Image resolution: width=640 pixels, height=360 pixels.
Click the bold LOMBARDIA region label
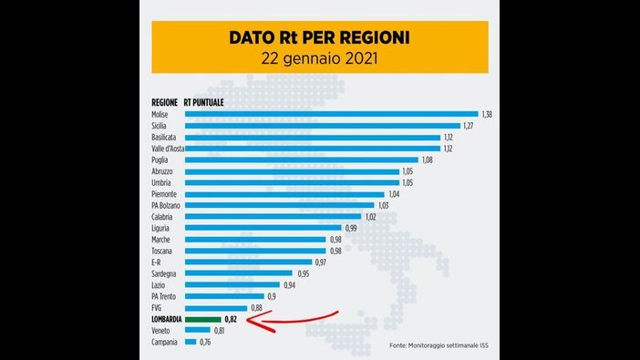[x=168, y=320]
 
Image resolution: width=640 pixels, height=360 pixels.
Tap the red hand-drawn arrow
[x=295, y=322]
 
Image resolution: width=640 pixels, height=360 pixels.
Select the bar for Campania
[x=191, y=343]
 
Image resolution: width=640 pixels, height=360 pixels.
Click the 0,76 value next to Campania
[x=205, y=343]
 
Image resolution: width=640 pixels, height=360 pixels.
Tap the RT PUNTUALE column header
[x=204, y=102]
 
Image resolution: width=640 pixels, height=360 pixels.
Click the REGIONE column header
[x=164, y=102]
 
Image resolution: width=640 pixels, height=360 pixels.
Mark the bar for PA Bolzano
[x=279, y=205]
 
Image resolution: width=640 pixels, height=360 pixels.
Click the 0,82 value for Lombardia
[x=232, y=320]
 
